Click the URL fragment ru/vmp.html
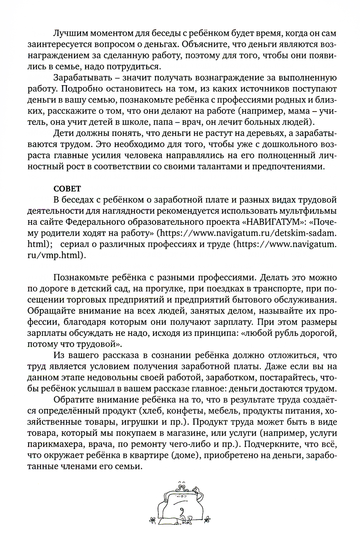57,255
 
